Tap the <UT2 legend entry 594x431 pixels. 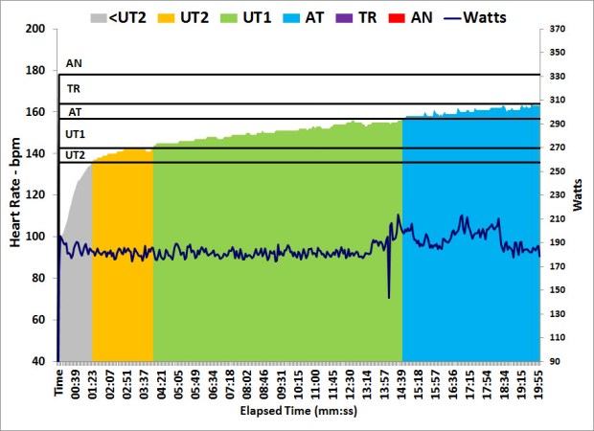click(126, 16)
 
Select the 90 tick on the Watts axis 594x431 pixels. click(555, 361)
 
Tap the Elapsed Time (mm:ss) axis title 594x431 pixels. click(299, 410)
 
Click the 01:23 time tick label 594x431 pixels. click(93, 381)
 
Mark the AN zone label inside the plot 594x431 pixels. click(74, 64)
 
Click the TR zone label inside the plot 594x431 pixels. click(74, 88)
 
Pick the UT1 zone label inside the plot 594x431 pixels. click(75, 134)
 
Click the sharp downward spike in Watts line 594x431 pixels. click(389, 296)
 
